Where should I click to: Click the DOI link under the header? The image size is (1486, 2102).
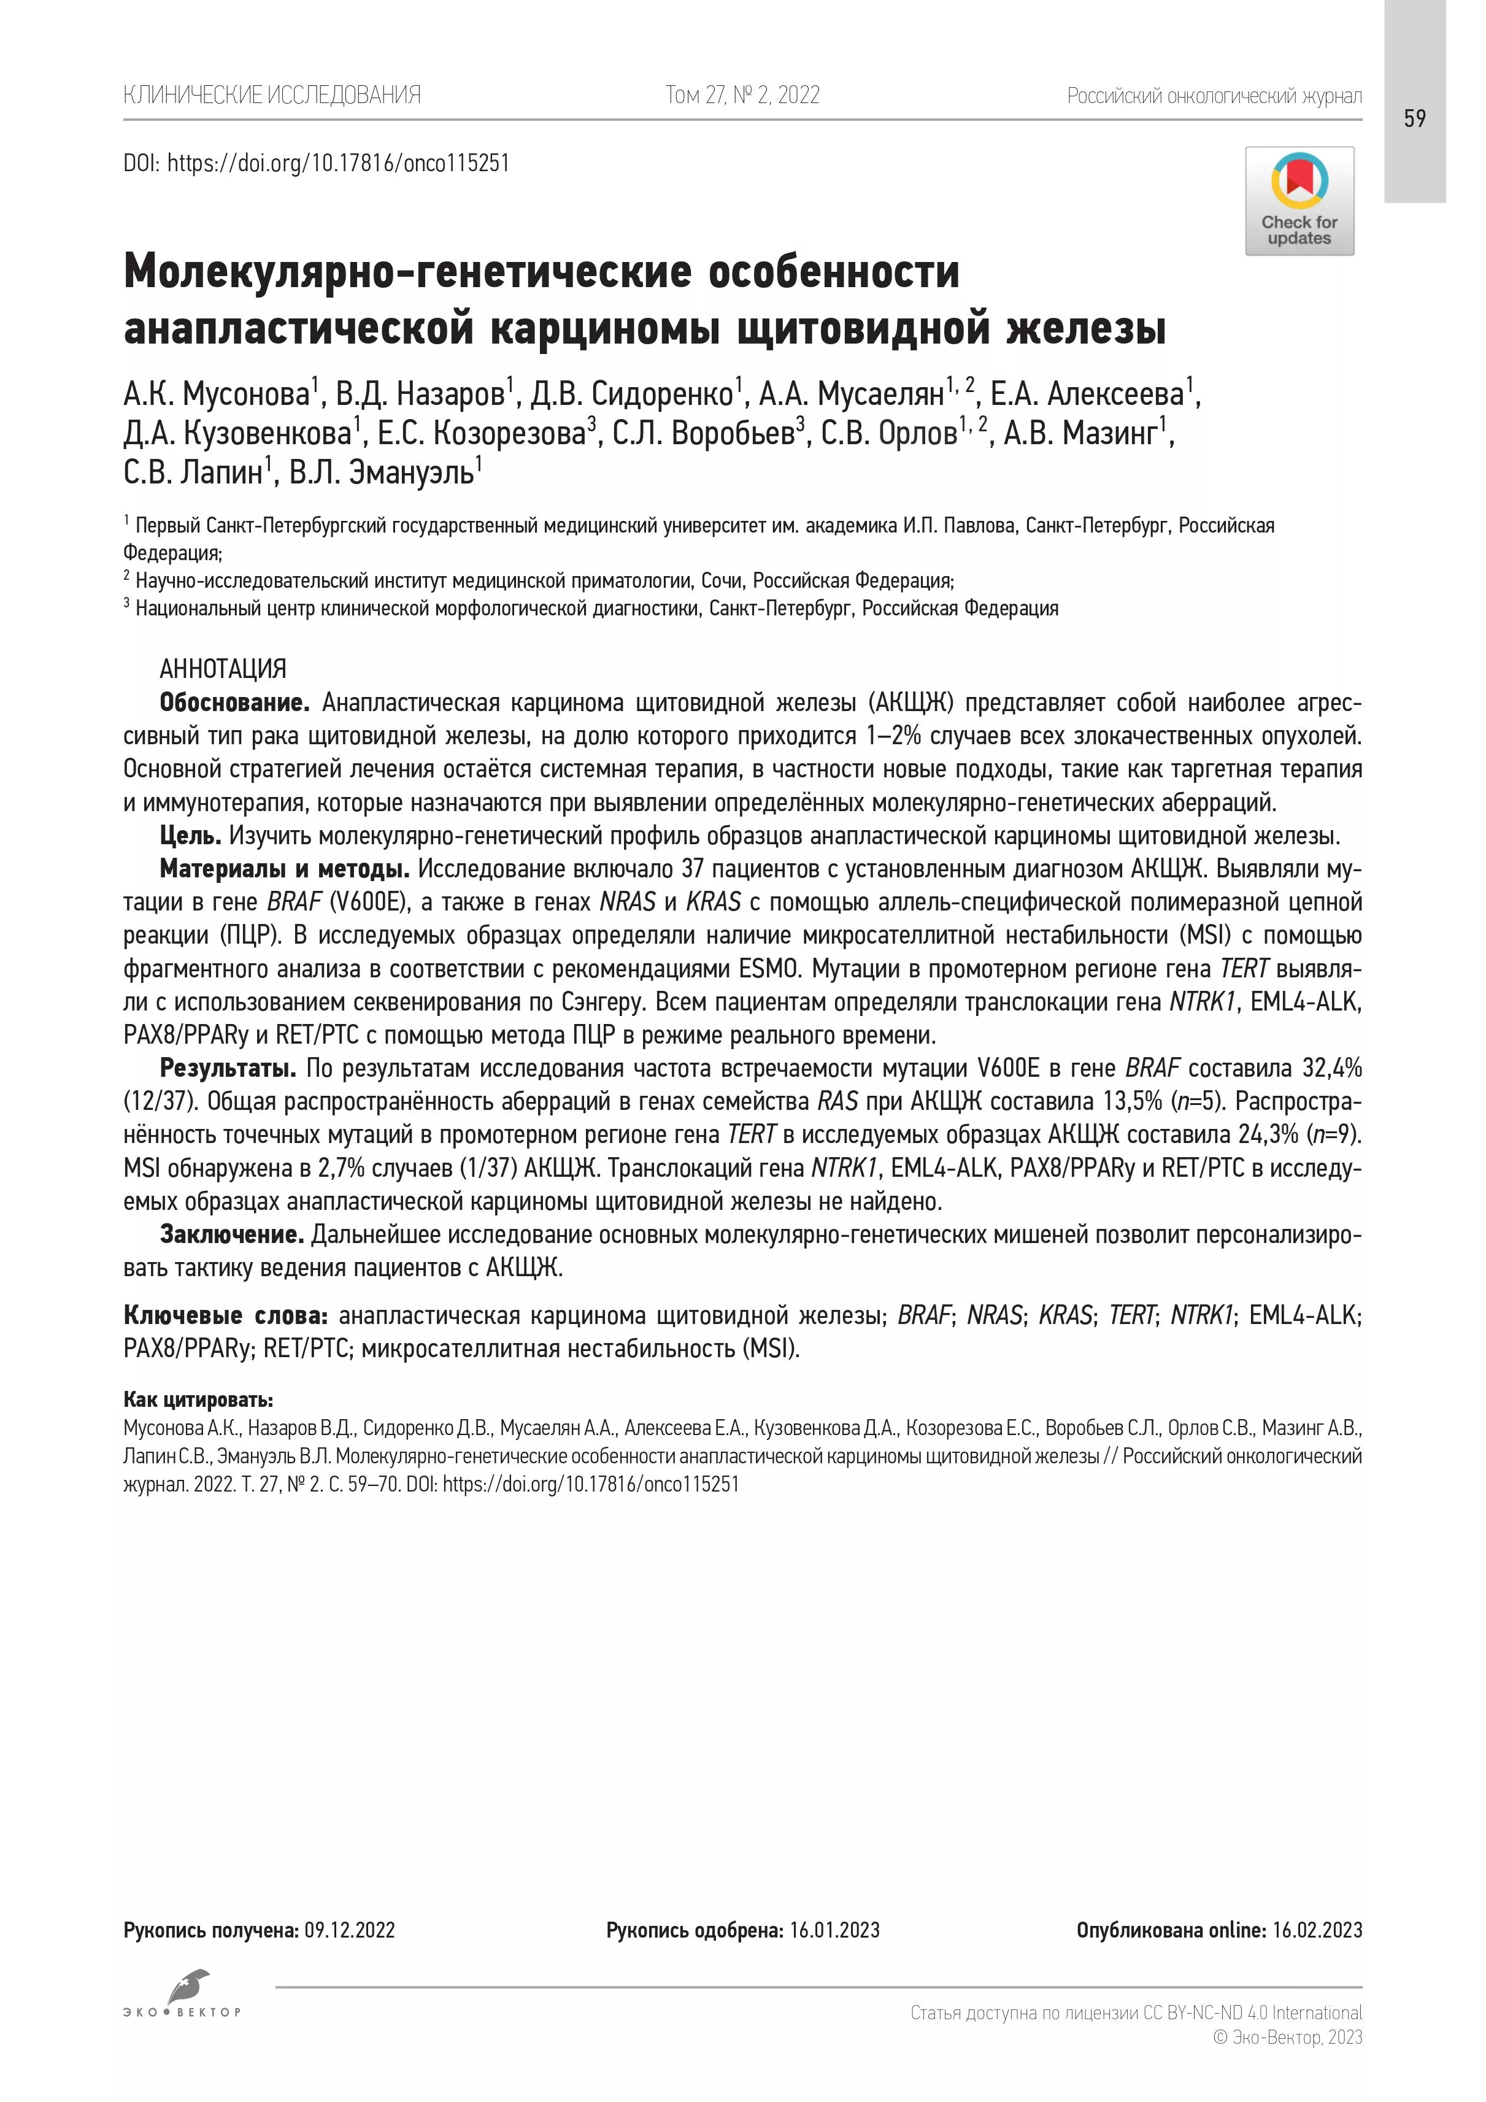click(x=338, y=164)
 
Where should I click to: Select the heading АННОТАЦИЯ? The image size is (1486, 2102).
click(x=223, y=669)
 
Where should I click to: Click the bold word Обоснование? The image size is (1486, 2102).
click(x=234, y=703)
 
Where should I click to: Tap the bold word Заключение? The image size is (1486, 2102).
click(x=231, y=1235)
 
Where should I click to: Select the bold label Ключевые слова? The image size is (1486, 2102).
click(x=225, y=1315)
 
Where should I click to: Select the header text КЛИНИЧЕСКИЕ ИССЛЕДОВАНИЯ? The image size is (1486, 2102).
click(x=272, y=95)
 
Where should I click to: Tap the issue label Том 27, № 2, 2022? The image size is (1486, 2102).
click(x=742, y=95)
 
